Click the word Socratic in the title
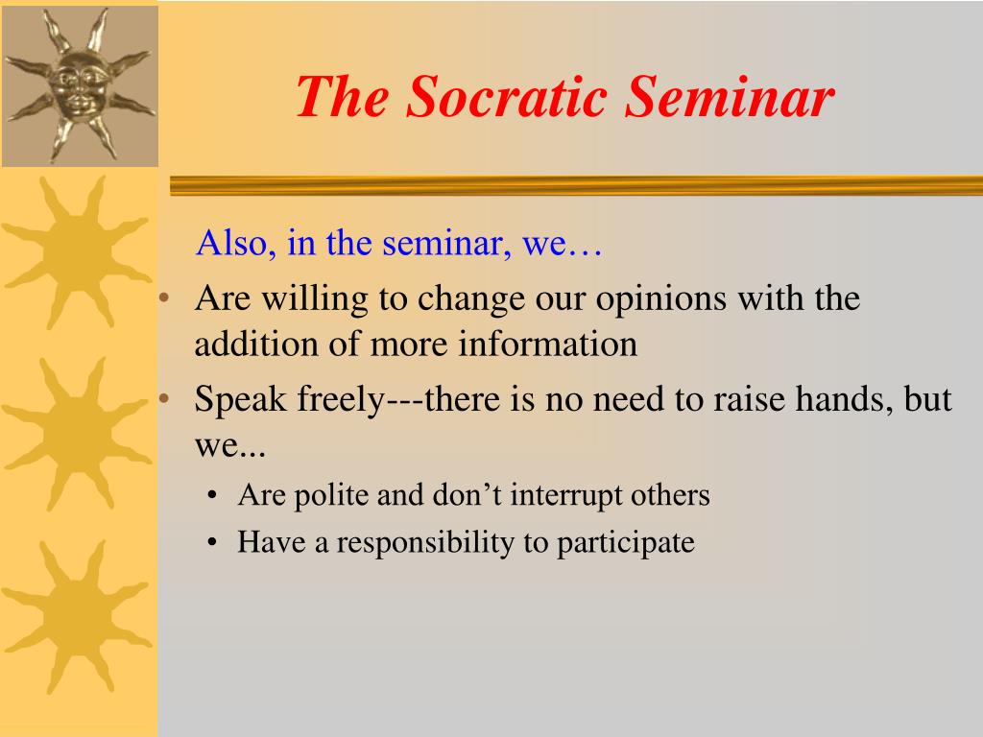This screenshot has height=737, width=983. [x=507, y=97]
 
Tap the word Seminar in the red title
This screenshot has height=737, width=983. [x=730, y=97]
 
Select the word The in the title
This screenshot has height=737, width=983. [x=343, y=97]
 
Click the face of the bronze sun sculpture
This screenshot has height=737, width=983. [x=79, y=85]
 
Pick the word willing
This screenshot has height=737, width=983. [x=315, y=299]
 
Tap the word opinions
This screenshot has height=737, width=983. [x=660, y=300]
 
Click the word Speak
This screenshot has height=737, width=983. [x=240, y=399]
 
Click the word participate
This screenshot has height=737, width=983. [x=625, y=543]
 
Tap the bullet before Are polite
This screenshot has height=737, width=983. [x=212, y=496]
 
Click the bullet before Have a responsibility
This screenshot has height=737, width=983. [x=212, y=543]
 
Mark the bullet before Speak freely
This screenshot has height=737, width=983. [x=165, y=398]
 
